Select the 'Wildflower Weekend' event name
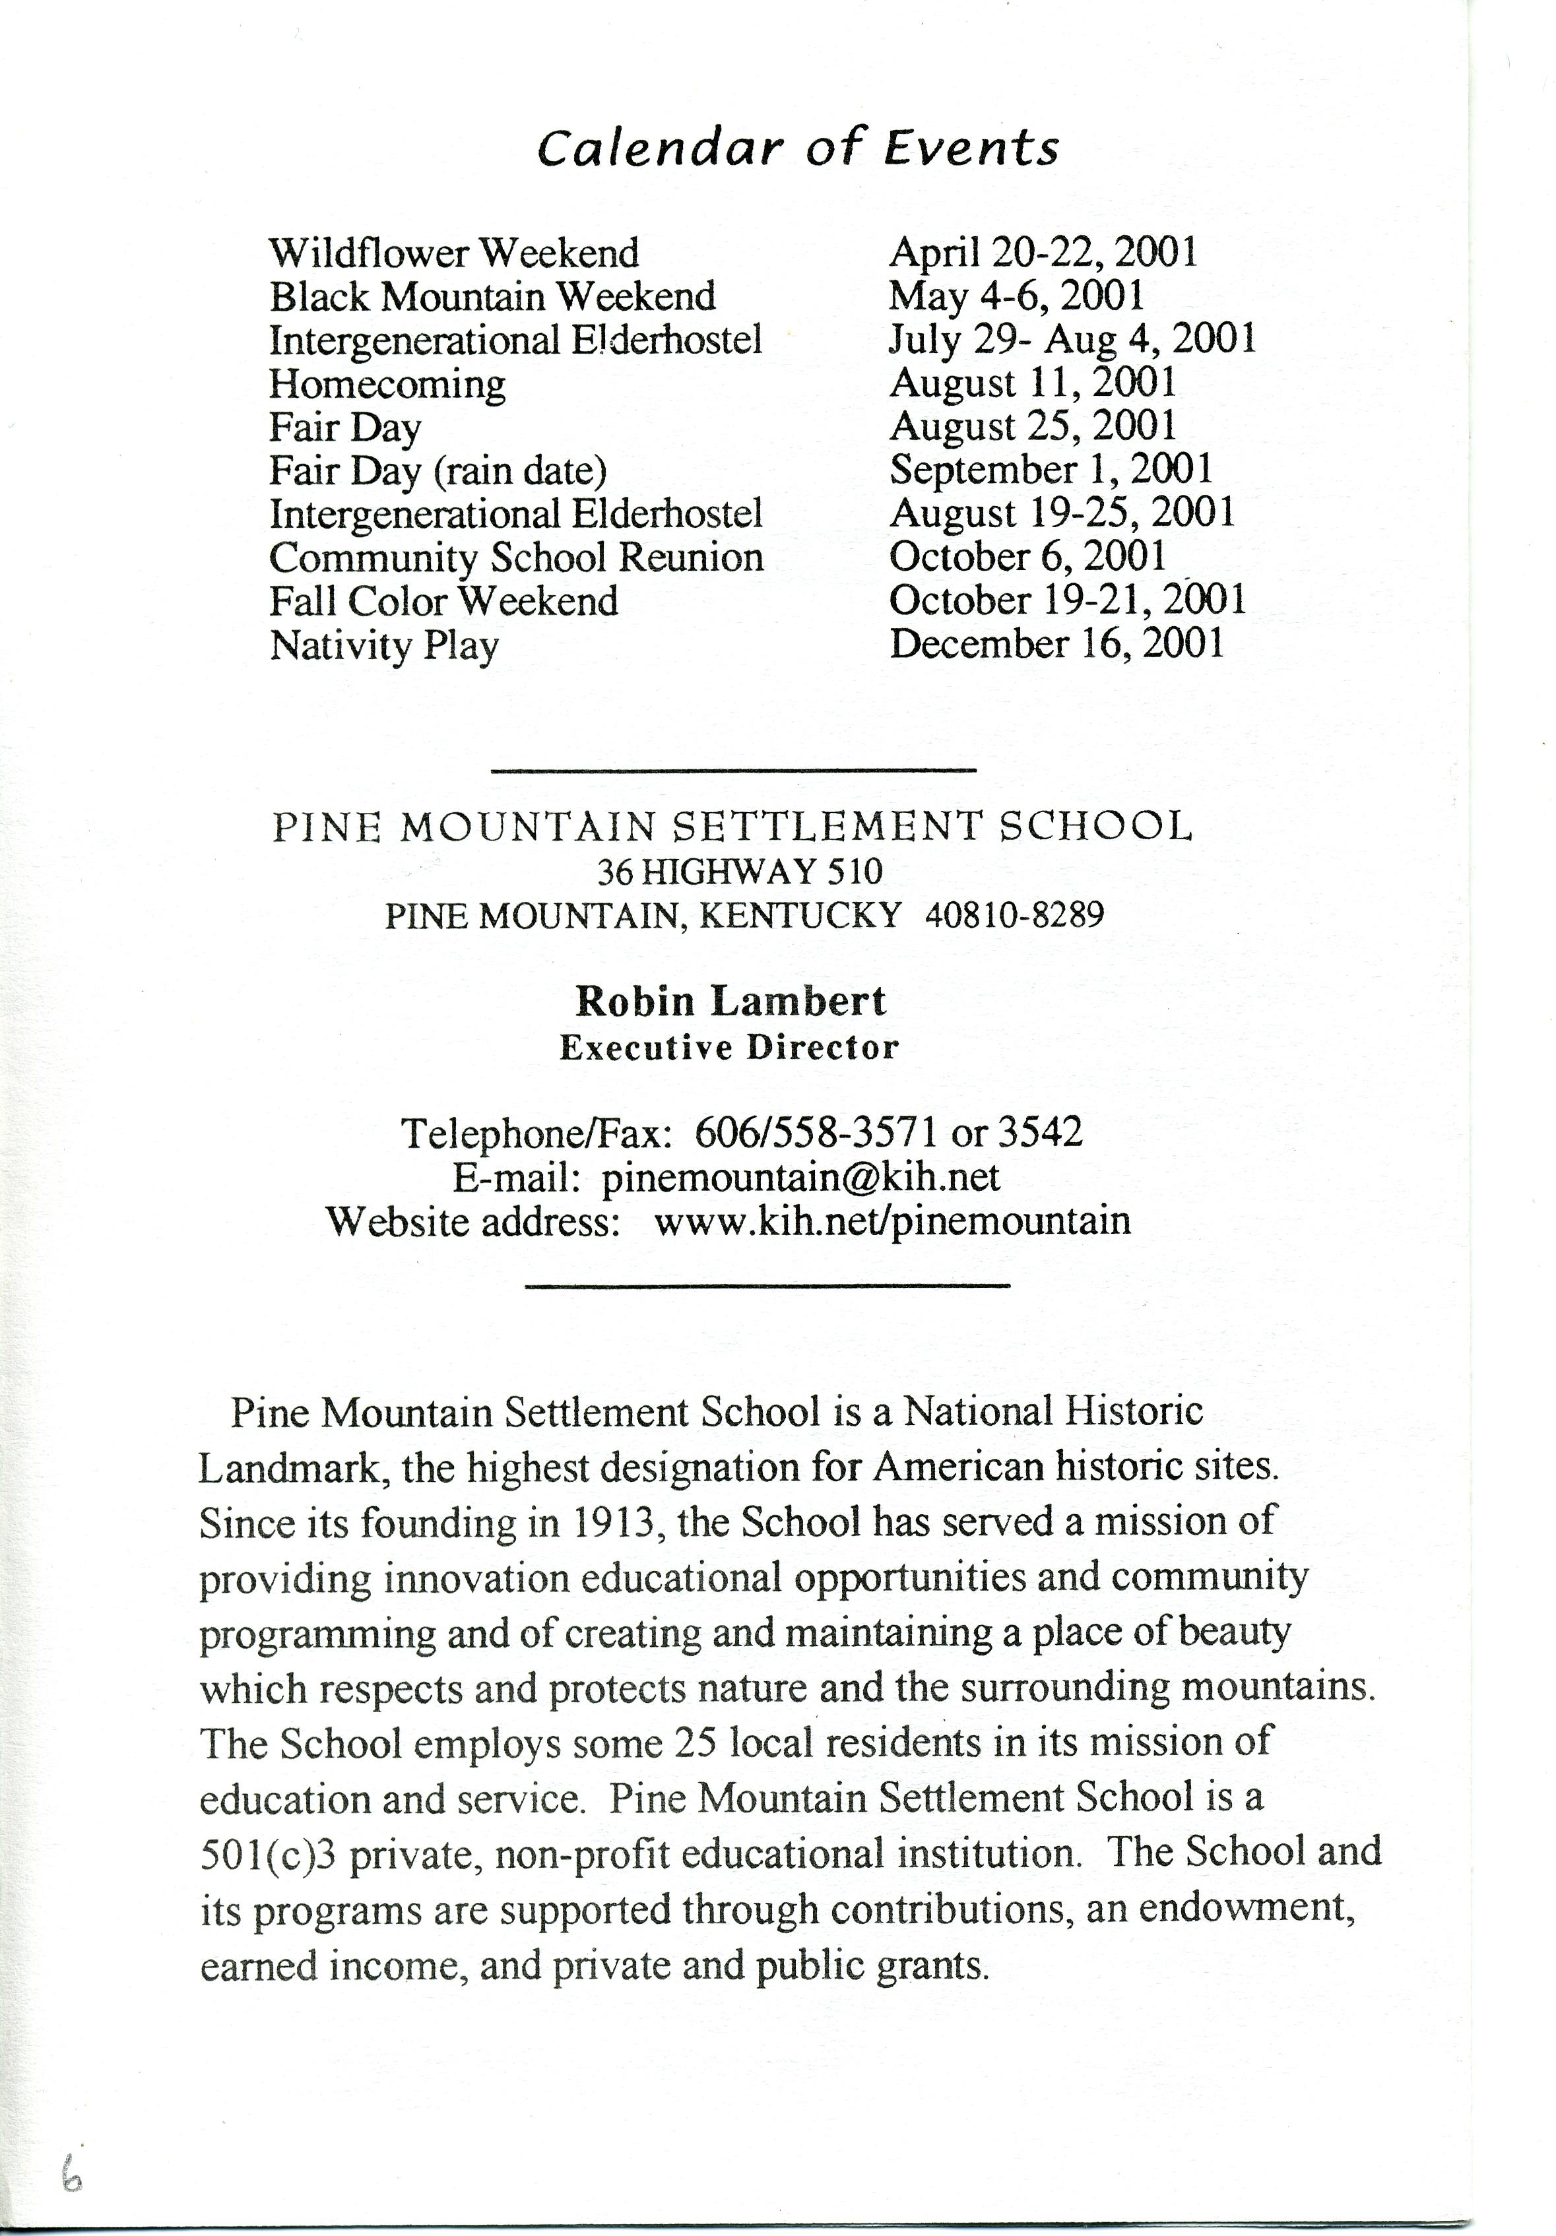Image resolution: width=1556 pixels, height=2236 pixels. pos(454,253)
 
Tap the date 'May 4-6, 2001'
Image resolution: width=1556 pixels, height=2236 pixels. pos(1016,296)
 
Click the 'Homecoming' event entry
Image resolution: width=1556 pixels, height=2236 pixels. pos(387,384)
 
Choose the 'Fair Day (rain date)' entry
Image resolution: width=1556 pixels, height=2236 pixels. pos(438,471)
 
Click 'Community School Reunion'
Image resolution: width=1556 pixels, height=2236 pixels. pos(516,558)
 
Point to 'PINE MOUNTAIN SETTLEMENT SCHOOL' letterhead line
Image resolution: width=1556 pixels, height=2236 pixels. pos(732,827)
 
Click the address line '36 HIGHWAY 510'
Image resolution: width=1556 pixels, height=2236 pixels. pos(739,871)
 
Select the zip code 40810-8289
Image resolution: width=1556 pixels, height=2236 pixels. pos(1014,914)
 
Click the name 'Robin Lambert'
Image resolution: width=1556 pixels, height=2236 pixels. pos(730,1001)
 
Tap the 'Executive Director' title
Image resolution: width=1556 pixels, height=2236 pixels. pos(729,1048)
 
